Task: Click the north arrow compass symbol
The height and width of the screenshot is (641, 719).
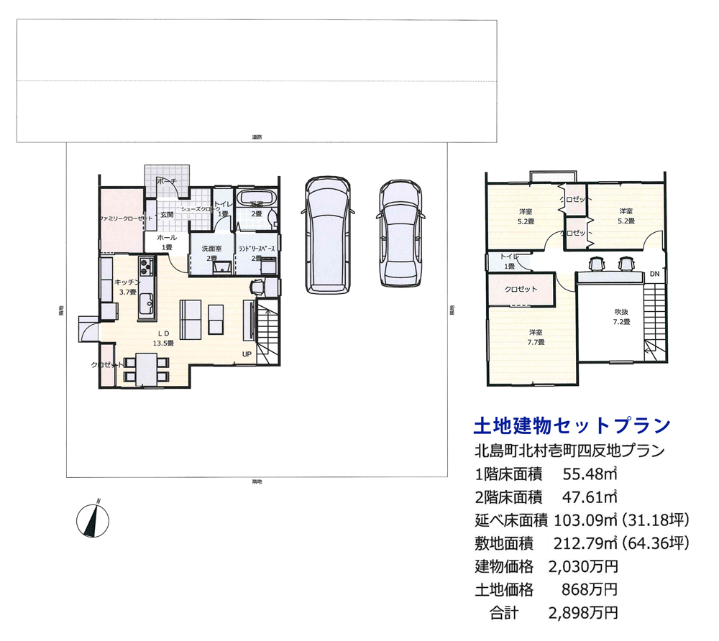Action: [92, 519]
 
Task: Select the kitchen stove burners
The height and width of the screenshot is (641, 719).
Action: [146, 267]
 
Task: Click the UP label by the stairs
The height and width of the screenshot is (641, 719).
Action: [247, 354]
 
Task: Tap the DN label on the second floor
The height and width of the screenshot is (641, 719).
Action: [654, 275]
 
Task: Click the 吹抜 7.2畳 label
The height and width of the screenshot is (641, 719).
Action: [621, 317]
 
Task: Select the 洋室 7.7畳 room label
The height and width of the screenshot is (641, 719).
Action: [535, 337]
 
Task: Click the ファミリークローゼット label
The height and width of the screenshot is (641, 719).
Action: [125, 218]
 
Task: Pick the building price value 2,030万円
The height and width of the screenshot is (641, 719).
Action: [583, 566]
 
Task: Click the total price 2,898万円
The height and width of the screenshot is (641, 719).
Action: [583, 613]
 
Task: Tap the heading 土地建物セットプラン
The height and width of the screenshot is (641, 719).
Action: [572, 427]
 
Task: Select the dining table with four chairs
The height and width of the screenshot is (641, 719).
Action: [147, 369]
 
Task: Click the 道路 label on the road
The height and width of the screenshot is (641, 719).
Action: [257, 137]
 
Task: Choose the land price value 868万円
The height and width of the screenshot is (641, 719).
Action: [590, 590]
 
